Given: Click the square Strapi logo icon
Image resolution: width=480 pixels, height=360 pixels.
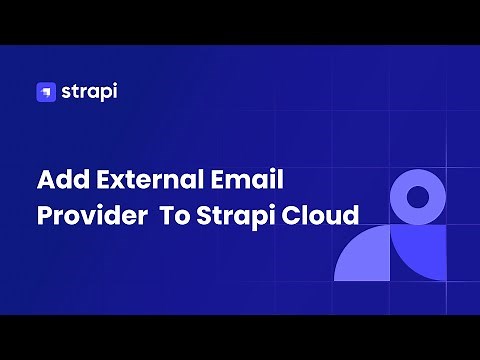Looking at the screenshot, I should click(x=45, y=92).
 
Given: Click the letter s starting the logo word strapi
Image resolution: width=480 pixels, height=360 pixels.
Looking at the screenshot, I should click(x=64, y=93).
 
